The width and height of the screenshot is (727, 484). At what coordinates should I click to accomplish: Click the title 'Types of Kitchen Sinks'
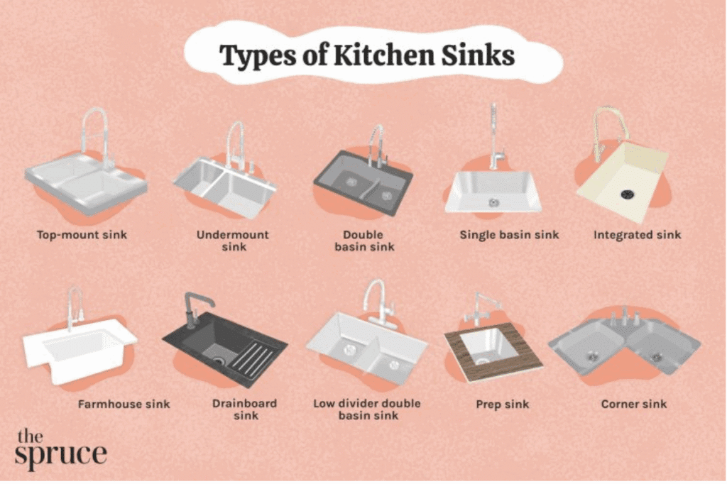click(x=367, y=55)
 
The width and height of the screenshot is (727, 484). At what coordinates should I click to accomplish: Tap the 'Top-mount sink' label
click(x=82, y=235)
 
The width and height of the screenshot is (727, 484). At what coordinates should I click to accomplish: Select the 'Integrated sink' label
click(x=637, y=235)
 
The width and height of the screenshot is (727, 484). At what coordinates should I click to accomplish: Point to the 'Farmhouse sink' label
click(x=124, y=405)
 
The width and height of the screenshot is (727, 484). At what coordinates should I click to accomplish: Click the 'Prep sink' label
click(x=502, y=405)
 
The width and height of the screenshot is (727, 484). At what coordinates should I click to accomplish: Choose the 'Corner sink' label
click(x=634, y=404)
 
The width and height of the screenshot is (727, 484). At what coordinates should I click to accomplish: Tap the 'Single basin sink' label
click(x=509, y=235)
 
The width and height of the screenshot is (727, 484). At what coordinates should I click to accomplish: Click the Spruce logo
click(x=60, y=449)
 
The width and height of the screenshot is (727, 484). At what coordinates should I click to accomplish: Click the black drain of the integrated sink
click(x=628, y=193)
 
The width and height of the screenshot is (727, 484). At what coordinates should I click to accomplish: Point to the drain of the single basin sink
click(x=493, y=202)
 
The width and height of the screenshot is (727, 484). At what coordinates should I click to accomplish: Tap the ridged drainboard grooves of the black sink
click(x=253, y=359)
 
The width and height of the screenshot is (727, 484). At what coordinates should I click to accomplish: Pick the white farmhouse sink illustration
click(x=79, y=348)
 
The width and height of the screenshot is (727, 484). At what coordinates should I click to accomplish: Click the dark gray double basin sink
click(x=363, y=184)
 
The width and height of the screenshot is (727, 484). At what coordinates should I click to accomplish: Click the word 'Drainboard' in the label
click(x=244, y=403)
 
